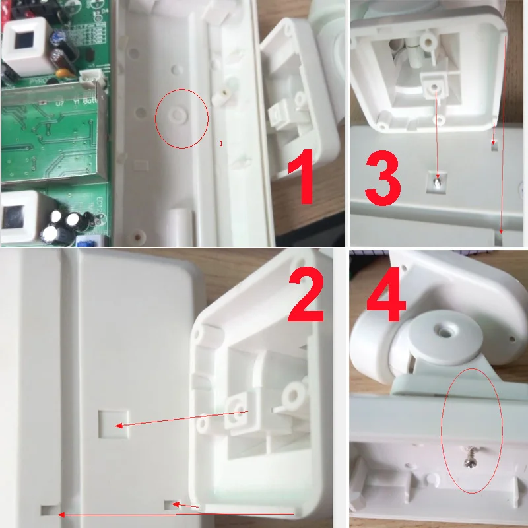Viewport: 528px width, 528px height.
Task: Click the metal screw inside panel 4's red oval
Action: click(x=471, y=455)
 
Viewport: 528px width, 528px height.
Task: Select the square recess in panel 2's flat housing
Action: click(x=109, y=422)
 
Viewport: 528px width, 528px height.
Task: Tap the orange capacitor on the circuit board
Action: click(x=63, y=72)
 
